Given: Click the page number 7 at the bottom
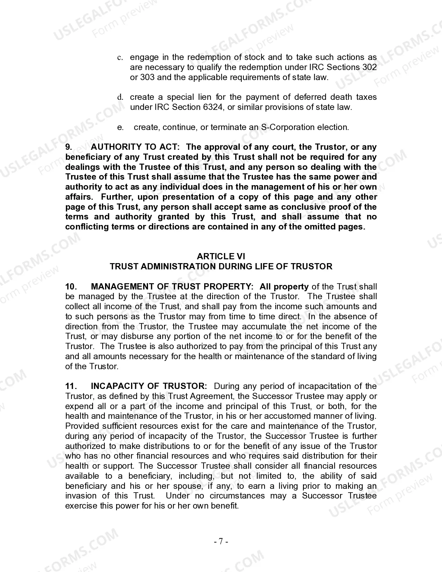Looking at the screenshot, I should (x=221, y=541).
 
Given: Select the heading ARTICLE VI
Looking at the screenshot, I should (x=221, y=256).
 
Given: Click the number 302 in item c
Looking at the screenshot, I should (x=369, y=67).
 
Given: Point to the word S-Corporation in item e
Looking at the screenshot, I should (x=286, y=127).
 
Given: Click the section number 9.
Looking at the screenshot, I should (x=69, y=147).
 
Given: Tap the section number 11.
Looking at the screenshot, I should (x=70, y=386).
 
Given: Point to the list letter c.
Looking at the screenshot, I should (x=120, y=58).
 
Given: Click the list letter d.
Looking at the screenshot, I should (x=120, y=97).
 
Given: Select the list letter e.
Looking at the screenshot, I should (x=120, y=128).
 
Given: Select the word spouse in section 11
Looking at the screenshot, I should (x=188, y=486).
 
